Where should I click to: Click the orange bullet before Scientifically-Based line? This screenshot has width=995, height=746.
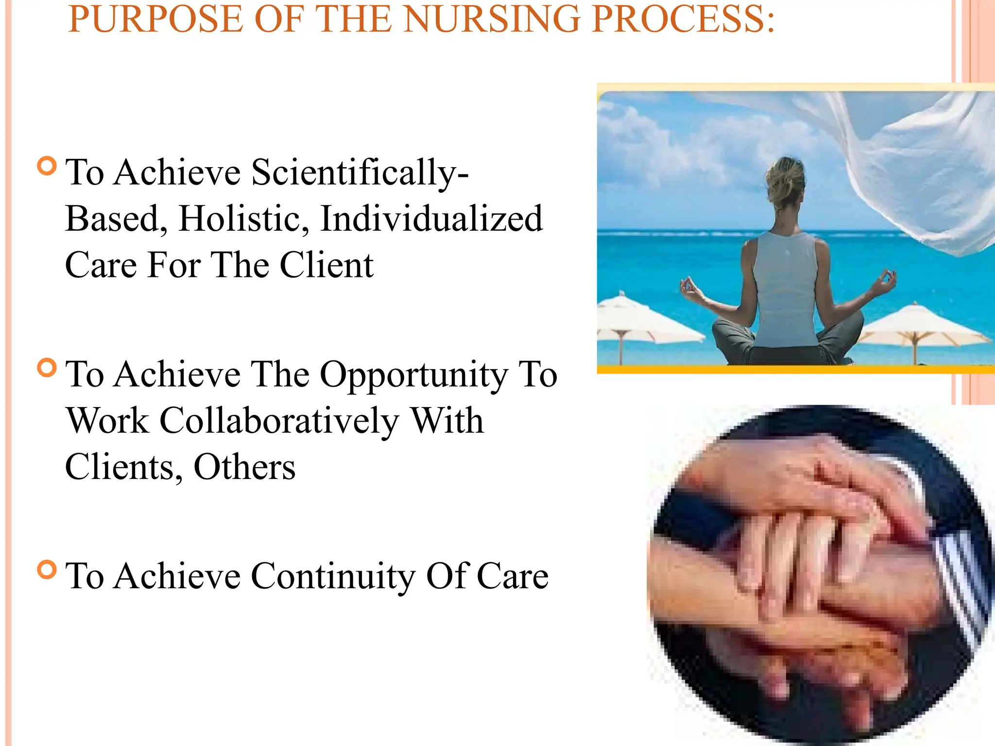[47, 166]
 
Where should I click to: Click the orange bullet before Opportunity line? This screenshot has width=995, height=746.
[47, 368]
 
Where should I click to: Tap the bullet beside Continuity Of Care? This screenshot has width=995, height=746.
[47, 569]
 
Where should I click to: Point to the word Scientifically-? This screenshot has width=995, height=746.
[360, 173]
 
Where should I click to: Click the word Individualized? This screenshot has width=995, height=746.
[431, 219]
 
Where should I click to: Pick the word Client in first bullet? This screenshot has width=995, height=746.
[326, 265]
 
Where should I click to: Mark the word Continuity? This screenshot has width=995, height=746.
[333, 576]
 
